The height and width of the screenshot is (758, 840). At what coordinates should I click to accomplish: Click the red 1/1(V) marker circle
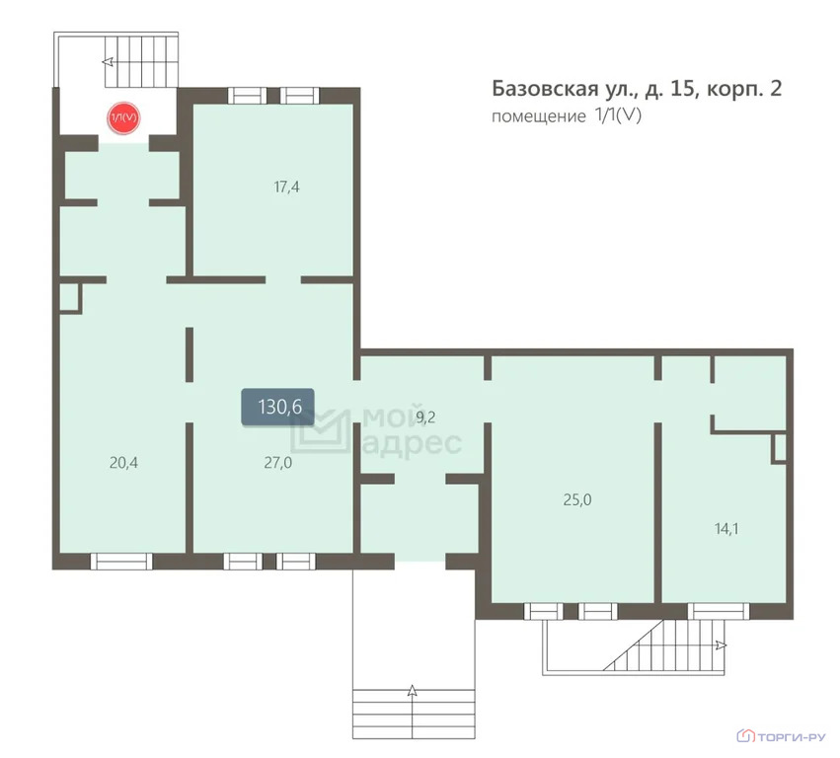(123, 117)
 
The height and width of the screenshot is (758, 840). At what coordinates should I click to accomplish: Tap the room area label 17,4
(286, 187)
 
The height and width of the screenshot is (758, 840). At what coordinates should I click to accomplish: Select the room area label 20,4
(123, 462)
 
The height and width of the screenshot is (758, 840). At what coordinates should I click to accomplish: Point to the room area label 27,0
(278, 462)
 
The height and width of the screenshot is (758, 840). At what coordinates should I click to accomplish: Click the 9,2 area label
(425, 417)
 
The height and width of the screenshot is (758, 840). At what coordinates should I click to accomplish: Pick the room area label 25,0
(577, 499)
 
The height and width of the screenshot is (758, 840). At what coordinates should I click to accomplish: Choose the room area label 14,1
(726, 529)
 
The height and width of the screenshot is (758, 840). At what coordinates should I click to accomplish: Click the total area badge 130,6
(278, 407)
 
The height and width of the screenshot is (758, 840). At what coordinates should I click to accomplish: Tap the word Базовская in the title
(545, 89)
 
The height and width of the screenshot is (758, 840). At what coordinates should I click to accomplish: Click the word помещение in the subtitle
(539, 116)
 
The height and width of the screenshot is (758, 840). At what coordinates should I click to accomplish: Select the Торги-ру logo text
(792, 737)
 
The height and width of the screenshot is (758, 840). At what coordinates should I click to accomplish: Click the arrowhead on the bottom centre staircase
(412, 691)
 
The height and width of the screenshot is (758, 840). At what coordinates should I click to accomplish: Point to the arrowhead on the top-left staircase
(108, 61)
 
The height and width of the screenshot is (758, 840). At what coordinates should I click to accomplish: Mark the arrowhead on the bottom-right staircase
(722, 645)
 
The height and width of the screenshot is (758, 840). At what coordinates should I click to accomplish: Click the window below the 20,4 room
(121, 562)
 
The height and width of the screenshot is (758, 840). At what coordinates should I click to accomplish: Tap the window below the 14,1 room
(719, 611)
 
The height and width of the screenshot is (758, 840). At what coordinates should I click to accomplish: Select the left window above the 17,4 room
(247, 96)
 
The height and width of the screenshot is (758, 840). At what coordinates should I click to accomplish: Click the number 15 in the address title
(682, 89)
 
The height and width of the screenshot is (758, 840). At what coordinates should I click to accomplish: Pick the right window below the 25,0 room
(598, 611)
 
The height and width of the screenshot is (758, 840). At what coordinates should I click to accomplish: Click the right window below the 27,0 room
(296, 562)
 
